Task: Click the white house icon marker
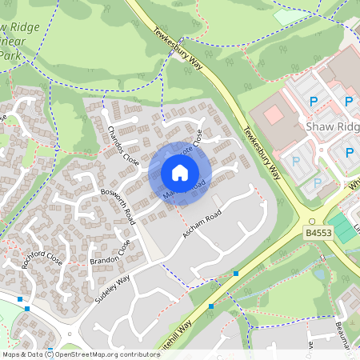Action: click(x=180, y=172)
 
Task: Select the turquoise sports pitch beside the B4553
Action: click(x=343, y=227)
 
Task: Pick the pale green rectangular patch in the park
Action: click(x=290, y=17)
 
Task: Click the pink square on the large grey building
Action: click(x=274, y=114)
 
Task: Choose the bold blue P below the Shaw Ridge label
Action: click(x=350, y=152)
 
